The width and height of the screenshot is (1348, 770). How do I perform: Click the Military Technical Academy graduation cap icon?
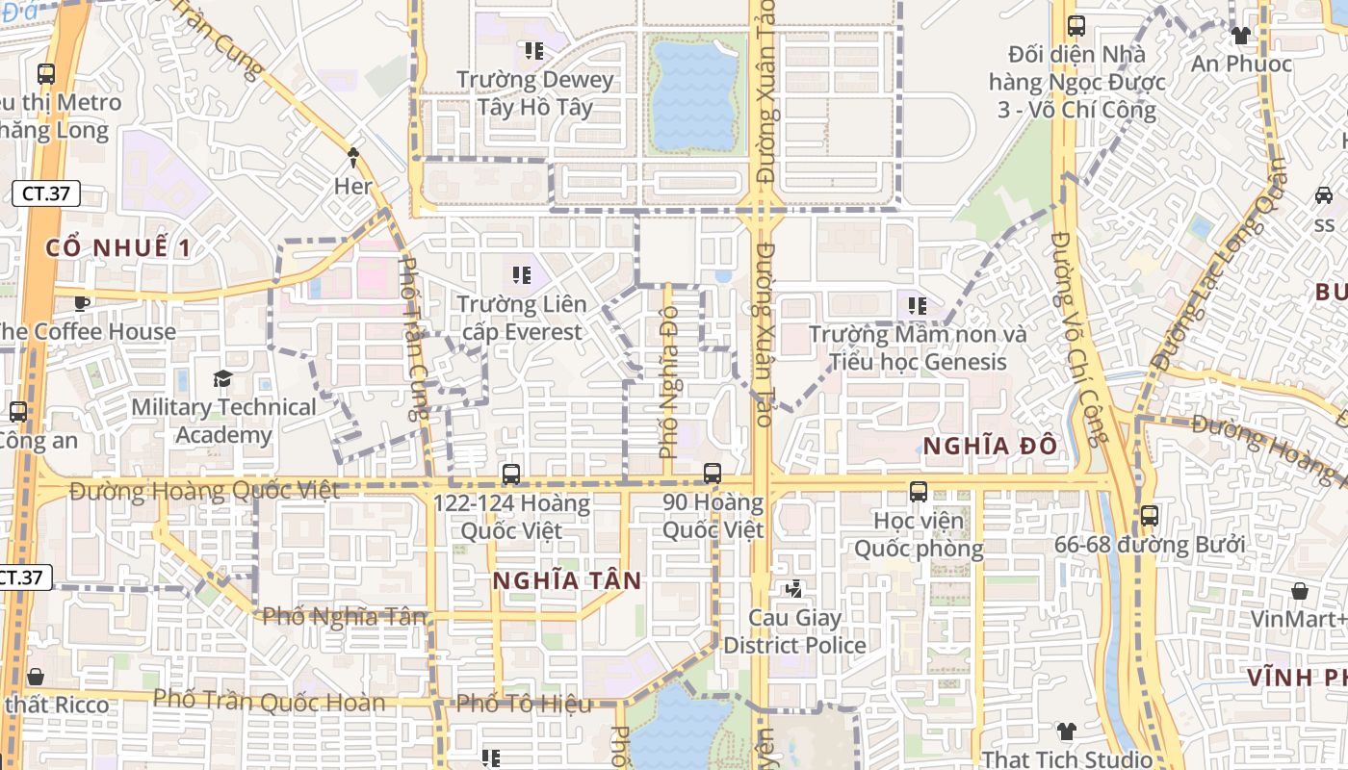click(222, 378)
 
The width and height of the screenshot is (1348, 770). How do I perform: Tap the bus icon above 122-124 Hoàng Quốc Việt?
click(510, 474)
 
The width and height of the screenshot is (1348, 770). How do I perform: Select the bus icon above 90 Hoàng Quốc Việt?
click(713, 473)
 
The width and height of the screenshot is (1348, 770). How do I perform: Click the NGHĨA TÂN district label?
click(566, 580)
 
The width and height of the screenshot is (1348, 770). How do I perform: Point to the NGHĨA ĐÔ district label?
click(990, 446)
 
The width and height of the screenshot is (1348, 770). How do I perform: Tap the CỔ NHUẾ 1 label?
click(118, 247)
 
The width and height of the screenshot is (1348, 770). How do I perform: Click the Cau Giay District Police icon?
click(794, 589)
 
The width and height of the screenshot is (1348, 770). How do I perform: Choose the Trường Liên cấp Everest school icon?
click(522, 275)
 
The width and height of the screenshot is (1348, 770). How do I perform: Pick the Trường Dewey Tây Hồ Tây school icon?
click(533, 50)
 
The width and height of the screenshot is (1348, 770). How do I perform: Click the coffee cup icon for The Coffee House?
click(83, 303)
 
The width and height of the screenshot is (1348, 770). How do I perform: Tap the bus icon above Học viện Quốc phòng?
click(919, 492)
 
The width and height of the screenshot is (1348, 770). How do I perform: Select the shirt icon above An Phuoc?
click(1240, 36)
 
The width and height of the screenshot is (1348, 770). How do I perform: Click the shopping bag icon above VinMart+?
click(1300, 590)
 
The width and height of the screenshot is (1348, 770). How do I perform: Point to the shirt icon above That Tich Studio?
click(1066, 731)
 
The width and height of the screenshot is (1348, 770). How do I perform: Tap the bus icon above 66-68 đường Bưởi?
click(1149, 515)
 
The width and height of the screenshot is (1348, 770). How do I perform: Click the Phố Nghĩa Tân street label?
click(344, 616)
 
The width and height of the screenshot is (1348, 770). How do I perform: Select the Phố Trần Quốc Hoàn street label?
click(270, 701)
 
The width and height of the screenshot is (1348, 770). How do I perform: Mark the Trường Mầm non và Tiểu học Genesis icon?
click(917, 306)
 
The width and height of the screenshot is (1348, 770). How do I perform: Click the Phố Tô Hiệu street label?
click(524, 704)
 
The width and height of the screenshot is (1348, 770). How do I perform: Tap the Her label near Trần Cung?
click(352, 186)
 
